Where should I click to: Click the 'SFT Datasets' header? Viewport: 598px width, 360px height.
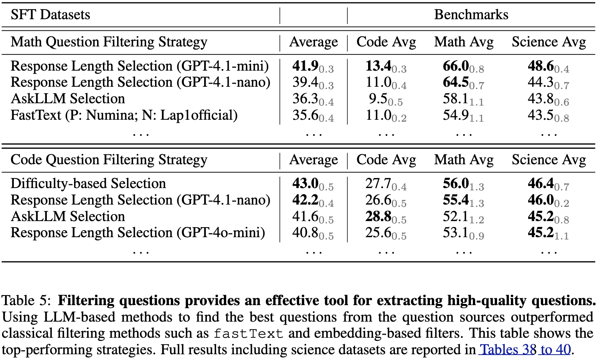[50, 15]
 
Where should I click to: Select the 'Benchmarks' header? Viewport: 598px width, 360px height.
[471, 15]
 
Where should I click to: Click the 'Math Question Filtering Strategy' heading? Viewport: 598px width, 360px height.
[109, 42]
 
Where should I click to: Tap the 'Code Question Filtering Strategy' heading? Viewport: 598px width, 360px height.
[109, 160]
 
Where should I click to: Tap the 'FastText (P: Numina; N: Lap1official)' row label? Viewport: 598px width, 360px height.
[124, 115]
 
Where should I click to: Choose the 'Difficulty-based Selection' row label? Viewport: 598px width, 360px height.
[88, 183]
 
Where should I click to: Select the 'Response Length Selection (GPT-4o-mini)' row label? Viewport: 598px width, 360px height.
[138, 233]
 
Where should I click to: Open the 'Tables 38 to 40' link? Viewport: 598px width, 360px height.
[525, 350]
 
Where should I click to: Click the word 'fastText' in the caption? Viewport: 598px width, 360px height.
[248, 334]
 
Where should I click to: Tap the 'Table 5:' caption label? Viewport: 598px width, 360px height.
[26, 301]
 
